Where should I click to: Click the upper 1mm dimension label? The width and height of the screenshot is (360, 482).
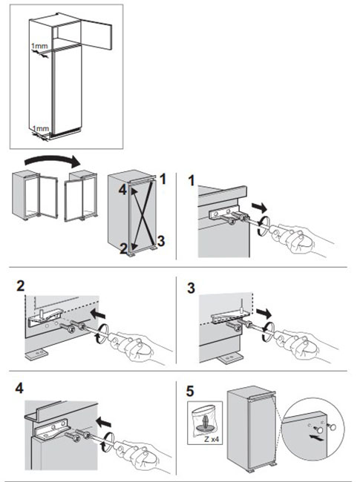click(x=39, y=46)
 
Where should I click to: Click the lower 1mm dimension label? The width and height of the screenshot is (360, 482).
click(x=41, y=128)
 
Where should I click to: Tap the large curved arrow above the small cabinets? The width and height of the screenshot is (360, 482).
click(x=52, y=161)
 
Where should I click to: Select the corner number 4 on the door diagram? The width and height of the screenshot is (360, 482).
click(x=122, y=190)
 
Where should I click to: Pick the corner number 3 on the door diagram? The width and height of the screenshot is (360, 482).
click(x=161, y=241)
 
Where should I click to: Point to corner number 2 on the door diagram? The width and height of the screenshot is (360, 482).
click(x=124, y=248)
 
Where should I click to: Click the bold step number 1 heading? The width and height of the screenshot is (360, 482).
click(x=192, y=180)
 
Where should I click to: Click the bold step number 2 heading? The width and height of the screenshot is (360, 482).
click(x=20, y=286)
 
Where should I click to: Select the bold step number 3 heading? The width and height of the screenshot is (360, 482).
click(x=191, y=288)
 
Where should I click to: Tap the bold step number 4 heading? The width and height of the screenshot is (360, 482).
click(x=19, y=388)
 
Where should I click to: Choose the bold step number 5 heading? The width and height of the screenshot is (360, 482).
click(x=190, y=391)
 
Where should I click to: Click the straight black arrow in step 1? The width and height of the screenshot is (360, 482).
click(x=259, y=208)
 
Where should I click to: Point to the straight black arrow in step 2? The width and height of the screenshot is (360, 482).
click(x=98, y=314)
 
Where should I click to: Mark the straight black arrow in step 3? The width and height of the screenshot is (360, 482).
click(x=264, y=313)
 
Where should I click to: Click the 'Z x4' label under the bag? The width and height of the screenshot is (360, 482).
click(x=212, y=440)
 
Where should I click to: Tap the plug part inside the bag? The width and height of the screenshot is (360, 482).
click(x=205, y=423)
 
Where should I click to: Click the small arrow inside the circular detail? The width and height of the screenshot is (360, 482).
click(x=317, y=438)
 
